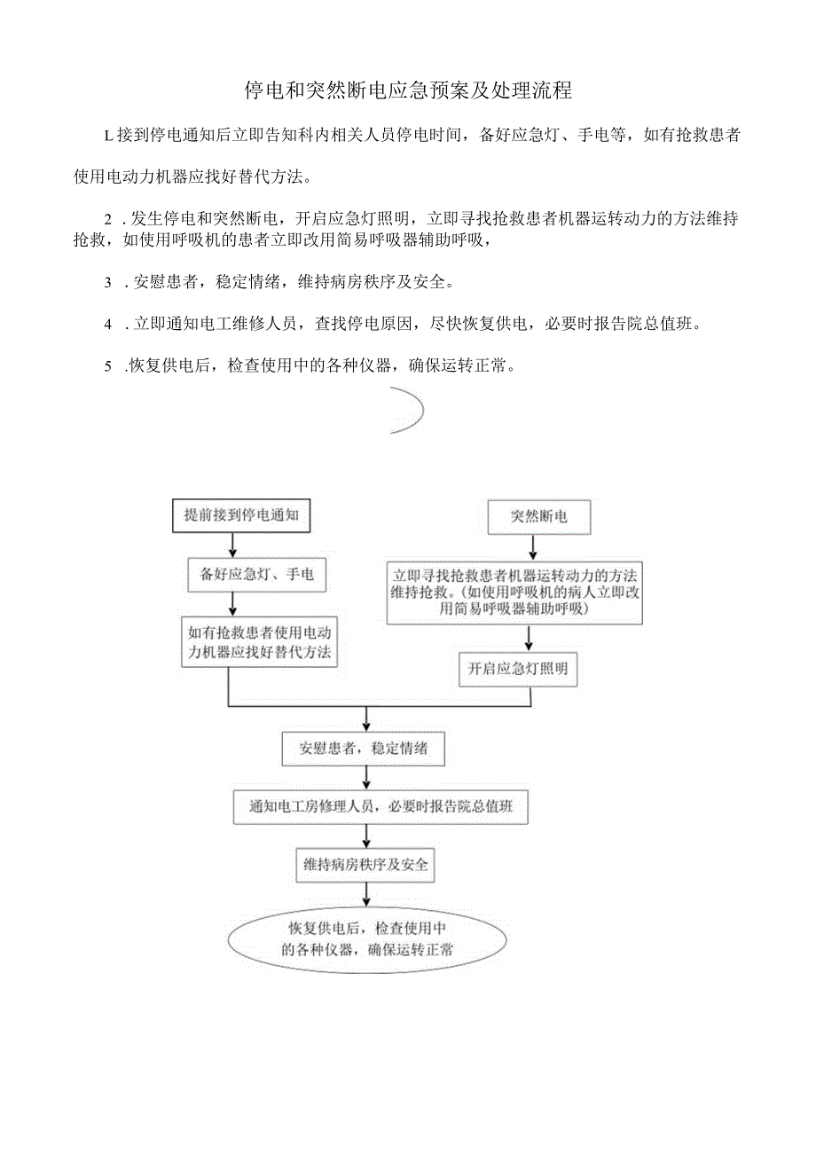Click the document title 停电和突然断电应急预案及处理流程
pos(408,90)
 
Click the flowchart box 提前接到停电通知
pos(240,515)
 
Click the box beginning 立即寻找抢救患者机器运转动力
pos(514,591)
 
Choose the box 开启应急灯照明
pos(518,670)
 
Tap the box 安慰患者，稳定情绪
pos(364,748)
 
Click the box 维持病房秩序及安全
pos(366,864)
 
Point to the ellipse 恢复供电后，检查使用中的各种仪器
pos(368,938)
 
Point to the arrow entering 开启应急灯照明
pos(530,639)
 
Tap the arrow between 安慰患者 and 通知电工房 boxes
pos(366,777)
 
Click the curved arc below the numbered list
pos(412,411)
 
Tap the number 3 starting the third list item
pos(107,284)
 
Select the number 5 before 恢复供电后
pos(107,365)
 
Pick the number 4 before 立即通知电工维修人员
pos(107,325)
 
